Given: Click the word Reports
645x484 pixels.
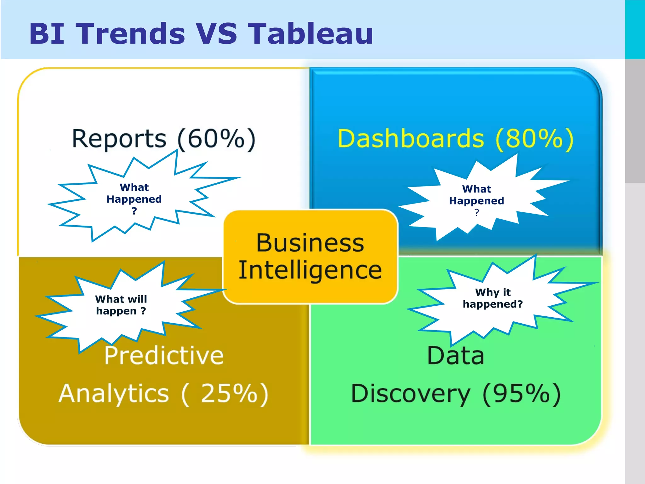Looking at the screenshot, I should tap(119, 139).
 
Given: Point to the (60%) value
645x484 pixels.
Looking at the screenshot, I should tap(217, 139).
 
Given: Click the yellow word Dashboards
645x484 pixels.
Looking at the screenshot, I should tap(411, 139).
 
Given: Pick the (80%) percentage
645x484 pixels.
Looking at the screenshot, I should tap(534, 139).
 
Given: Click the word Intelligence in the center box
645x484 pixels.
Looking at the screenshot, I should tap(310, 270).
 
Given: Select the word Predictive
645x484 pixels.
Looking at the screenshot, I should tap(164, 355).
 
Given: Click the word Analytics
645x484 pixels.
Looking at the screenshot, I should tap(114, 394).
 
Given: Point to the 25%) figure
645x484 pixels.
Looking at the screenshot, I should tap(234, 394).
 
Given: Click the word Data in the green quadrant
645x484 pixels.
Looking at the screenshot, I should tap(455, 355).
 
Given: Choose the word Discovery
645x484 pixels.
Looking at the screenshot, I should tap(411, 394).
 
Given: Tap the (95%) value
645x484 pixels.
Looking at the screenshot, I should tap(522, 394).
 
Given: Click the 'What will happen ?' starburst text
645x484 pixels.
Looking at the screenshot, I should tap(121, 305).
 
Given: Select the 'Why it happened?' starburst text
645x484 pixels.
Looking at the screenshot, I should tap(493, 298).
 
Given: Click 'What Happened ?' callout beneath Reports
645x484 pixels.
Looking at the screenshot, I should tap(134, 199).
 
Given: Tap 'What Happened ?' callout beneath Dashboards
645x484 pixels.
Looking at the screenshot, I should tap(477, 200).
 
